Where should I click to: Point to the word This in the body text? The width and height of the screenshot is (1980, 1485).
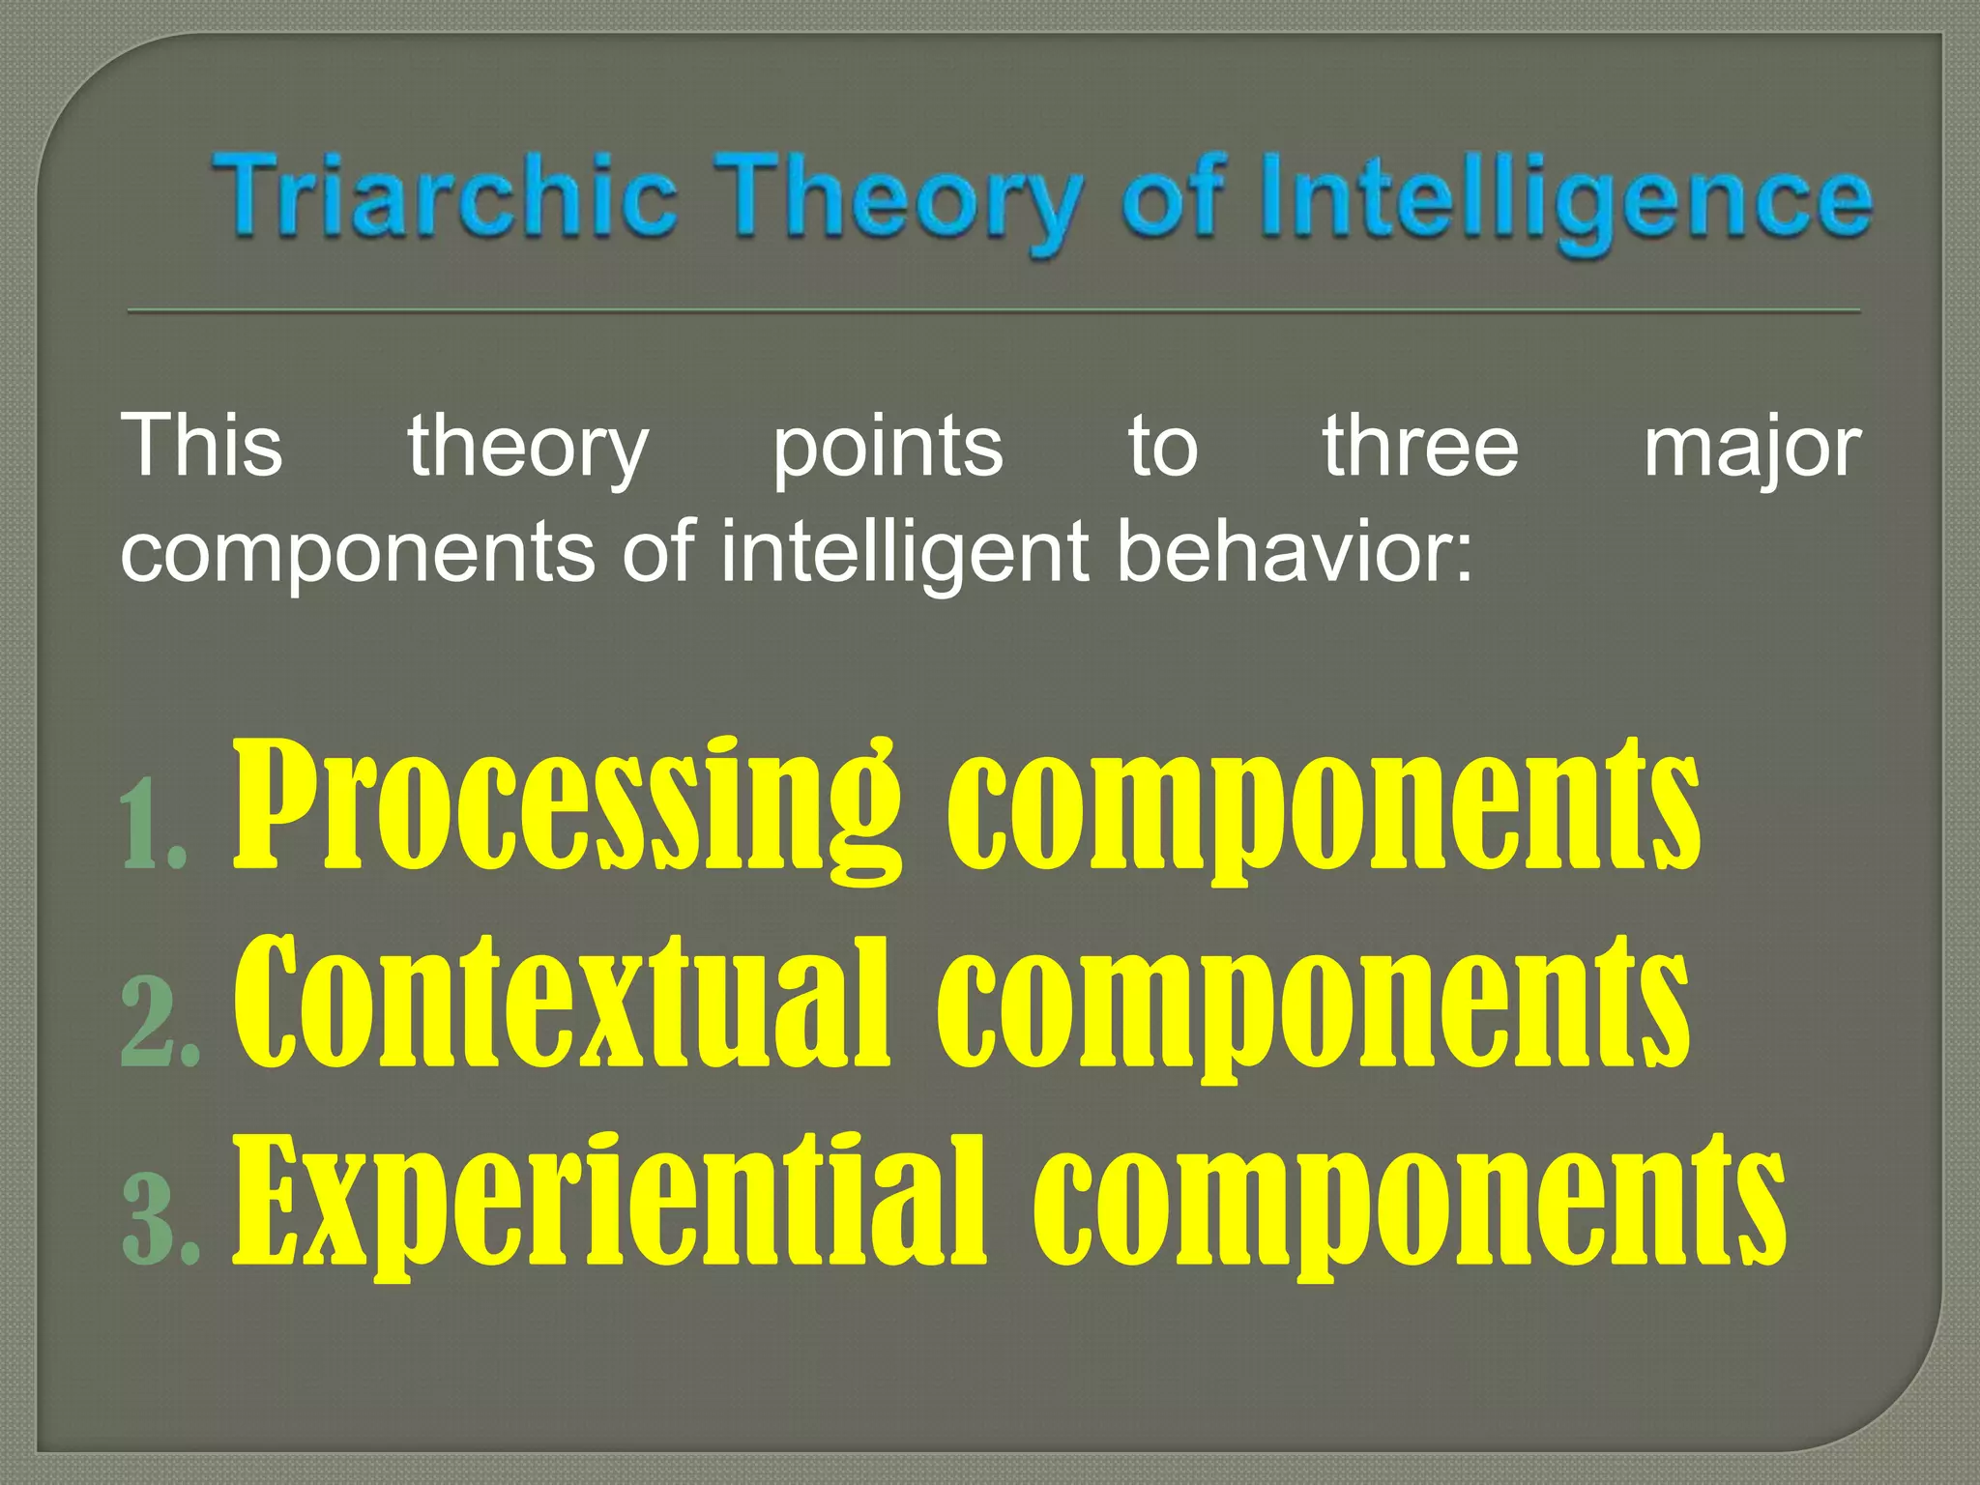tap(201, 446)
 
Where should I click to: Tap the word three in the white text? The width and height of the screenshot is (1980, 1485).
tap(1420, 446)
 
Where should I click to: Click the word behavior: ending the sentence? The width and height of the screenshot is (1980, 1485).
tap(1295, 551)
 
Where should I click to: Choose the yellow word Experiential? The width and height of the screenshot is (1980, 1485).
tap(609, 1204)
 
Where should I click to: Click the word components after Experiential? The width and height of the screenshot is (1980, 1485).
tap(1409, 1204)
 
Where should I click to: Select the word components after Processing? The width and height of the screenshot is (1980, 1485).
tap(1323, 807)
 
